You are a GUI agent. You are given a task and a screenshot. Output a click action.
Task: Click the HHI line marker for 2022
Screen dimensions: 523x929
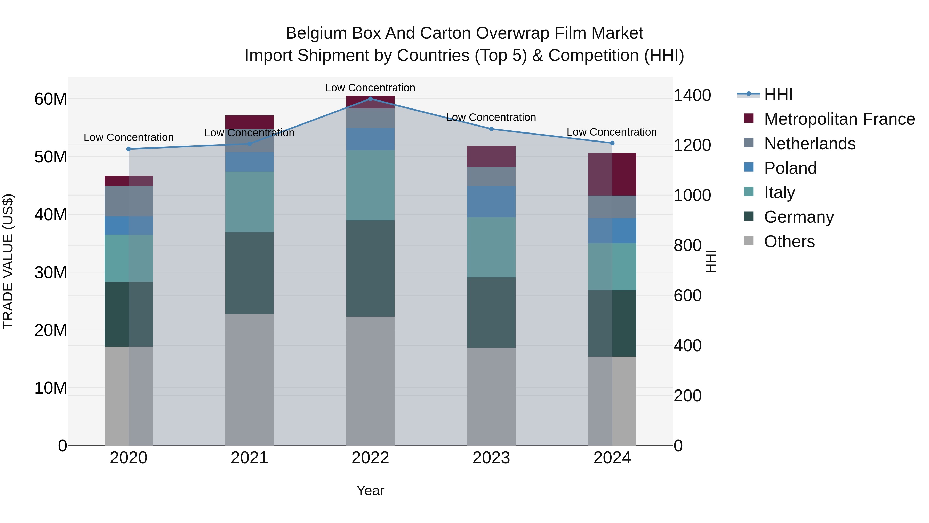(x=370, y=99)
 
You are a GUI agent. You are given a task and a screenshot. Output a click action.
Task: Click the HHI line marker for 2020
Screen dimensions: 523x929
(x=129, y=149)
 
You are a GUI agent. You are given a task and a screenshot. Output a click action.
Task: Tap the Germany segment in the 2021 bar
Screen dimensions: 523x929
(x=250, y=273)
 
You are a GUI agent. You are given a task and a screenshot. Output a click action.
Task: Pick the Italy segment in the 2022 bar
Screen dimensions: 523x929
(x=370, y=185)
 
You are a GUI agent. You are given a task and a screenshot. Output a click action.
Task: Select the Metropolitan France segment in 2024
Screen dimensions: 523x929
(x=612, y=174)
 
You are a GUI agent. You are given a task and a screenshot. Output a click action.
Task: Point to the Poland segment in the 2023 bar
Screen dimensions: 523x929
(x=491, y=201)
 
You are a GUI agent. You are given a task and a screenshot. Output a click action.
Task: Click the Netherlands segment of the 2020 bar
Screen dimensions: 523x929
(x=129, y=201)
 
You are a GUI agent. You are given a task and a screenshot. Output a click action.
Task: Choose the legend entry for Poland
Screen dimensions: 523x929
(x=790, y=168)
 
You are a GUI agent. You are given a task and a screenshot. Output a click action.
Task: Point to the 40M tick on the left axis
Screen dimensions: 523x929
(x=51, y=215)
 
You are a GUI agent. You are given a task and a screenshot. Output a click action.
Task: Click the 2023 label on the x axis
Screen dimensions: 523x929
(x=491, y=458)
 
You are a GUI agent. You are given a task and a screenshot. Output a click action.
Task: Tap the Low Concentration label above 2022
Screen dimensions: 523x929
(x=370, y=88)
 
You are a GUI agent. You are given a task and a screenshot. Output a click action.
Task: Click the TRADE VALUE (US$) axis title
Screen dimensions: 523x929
(x=8, y=261)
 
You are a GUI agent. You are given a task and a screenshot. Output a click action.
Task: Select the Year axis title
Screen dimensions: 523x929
(x=370, y=490)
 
